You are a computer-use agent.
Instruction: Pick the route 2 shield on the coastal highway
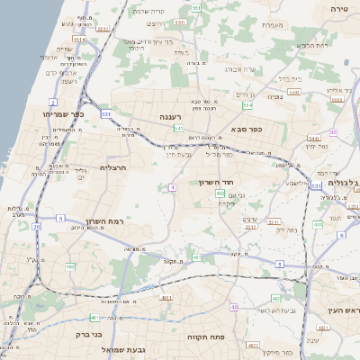point(53,103)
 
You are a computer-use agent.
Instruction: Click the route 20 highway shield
point(36,227)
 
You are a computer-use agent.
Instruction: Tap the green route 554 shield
point(247,105)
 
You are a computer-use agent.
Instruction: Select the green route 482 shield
point(69,266)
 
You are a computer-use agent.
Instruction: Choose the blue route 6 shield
point(341,235)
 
